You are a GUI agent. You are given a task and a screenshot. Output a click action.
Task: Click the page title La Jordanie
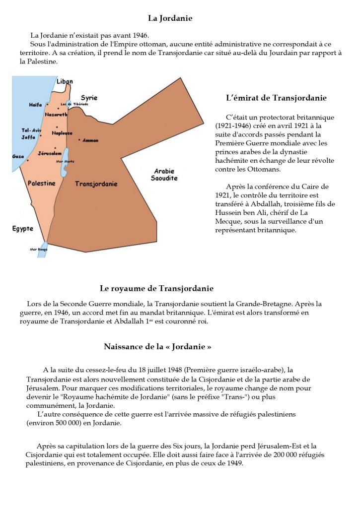click(x=170, y=18)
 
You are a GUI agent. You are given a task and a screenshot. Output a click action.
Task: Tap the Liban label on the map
click(x=65, y=81)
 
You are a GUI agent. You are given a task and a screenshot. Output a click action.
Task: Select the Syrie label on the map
click(x=89, y=98)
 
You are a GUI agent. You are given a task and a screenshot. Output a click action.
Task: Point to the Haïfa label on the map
click(x=36, y=105)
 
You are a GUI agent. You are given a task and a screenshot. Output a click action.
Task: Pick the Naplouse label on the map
click(x=62, y=133)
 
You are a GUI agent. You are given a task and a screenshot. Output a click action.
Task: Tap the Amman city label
click(x=90, y=140)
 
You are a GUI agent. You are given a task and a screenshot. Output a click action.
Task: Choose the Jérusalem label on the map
click(x=49, y=153)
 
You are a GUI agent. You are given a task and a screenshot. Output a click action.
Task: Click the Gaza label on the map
click(x=18, y=156)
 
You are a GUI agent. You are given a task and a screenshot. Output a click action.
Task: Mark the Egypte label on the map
click(x=23, y=229)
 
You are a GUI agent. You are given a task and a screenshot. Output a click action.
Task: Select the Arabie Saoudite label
click(x=164, y=175)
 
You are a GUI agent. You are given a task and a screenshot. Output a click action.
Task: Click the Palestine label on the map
click(x=42, y=184)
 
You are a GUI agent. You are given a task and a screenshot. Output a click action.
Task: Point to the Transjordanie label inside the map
click(x=96, y=184)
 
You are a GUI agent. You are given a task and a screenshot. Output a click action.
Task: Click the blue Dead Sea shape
click(x=64, y=169)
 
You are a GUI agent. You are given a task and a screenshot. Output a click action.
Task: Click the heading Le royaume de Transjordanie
click(x=156, y=288)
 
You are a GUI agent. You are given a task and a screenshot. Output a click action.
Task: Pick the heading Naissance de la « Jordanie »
click(x=157, y=347)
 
